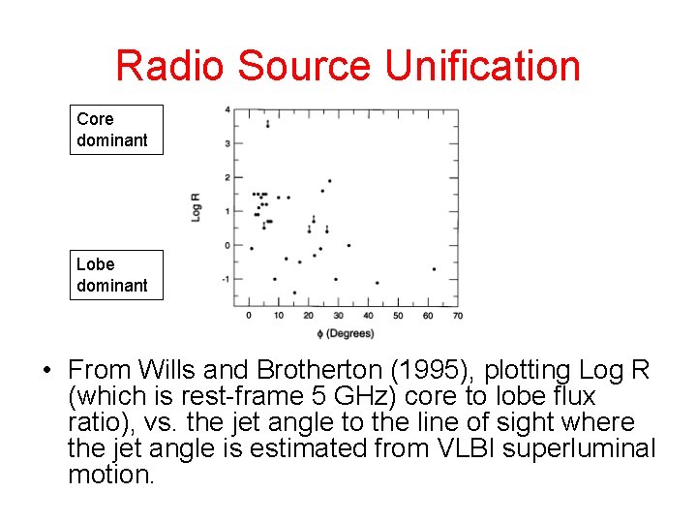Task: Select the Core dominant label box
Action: coord(116,130)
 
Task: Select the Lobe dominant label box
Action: coord(116,275)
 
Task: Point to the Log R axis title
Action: coord(197,206)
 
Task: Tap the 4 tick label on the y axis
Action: coord(227,108)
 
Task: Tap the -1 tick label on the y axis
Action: coord(226,279)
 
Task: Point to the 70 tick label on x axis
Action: coord(457,316)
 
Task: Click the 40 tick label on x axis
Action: coord(368,316)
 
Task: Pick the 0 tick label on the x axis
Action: coord(249,316)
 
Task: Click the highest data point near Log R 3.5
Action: coord(267,124)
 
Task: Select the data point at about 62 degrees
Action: coord(434,268)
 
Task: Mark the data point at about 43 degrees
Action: coord(377,283)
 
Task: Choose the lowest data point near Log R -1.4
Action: coord(294,292)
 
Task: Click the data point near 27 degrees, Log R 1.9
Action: coord(329,180)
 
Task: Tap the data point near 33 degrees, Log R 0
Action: coord(348,245)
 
